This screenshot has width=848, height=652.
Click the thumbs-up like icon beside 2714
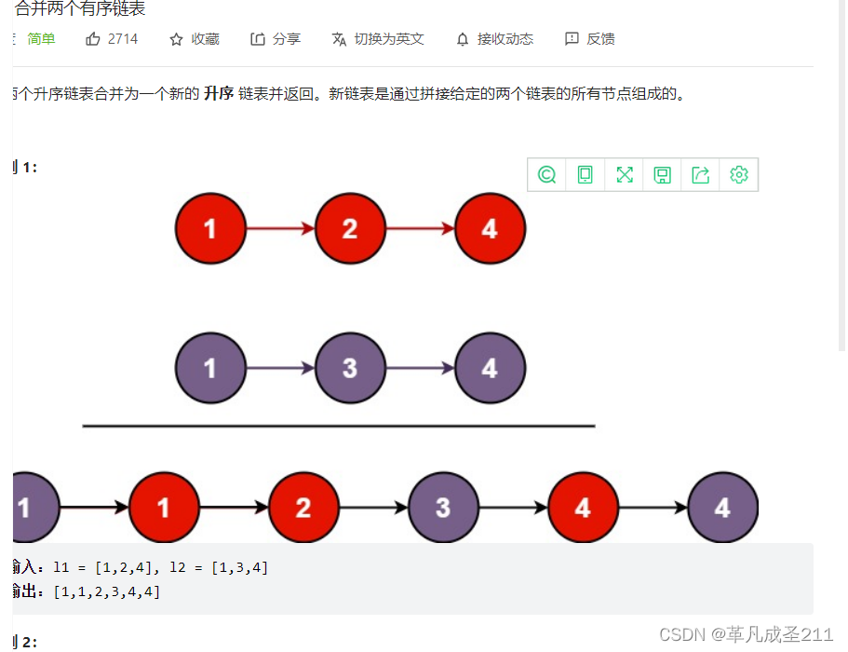point(92,39)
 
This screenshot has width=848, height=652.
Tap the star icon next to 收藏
point(176,39)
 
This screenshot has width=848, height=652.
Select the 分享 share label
point(287,39)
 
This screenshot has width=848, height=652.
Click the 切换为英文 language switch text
point(389,39)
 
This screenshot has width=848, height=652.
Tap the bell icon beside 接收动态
point(463,39)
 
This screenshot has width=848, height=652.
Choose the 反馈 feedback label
point(600,39)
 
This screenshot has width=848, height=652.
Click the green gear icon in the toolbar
point(739,174)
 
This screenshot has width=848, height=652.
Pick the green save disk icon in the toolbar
point(662,174)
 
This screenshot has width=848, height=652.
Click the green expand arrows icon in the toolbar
point(624,174)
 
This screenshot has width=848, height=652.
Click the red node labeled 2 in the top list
point(350,228)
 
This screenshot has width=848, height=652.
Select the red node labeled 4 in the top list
point(490,228)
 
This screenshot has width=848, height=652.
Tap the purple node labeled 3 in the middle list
point(350,368)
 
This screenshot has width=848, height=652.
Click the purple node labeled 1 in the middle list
point(210,368)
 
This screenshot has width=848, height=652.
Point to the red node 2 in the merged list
point(303,508)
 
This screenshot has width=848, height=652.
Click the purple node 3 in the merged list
point(443,508)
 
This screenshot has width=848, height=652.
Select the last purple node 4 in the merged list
point(722,508)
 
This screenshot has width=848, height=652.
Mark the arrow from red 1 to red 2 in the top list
point(280,228)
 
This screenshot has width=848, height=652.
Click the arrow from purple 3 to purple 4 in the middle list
point(420,368)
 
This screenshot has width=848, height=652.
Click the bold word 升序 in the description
point(219,94)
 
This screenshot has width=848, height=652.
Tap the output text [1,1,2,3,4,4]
point(106,591)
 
